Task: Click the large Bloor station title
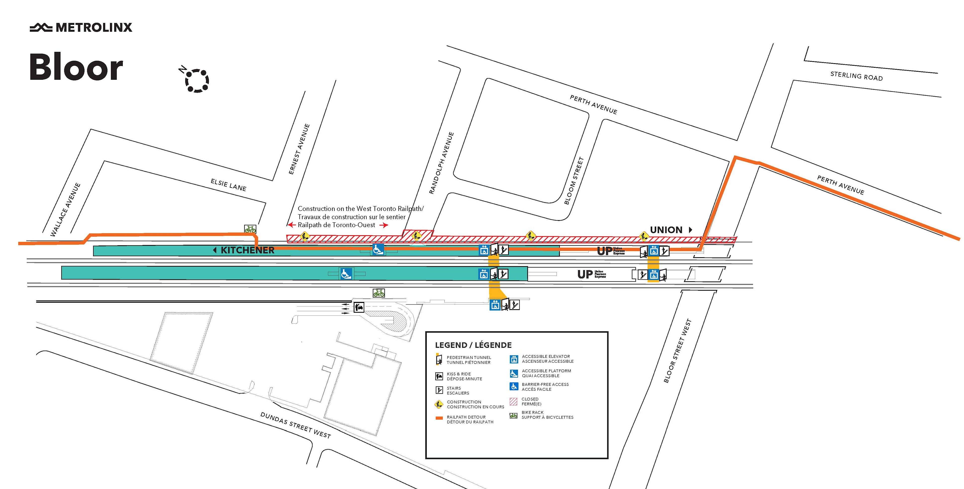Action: tap(76, 67)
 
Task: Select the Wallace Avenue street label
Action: tap(66, 209)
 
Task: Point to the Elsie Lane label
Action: tap(228, 185)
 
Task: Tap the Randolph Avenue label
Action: tap(441, 163)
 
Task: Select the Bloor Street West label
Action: tap(677, 351)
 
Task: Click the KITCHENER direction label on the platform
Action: tap(247, 250)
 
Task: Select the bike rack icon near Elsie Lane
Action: tap(250, 229)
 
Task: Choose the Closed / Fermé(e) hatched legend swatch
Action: tap(513, 401)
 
